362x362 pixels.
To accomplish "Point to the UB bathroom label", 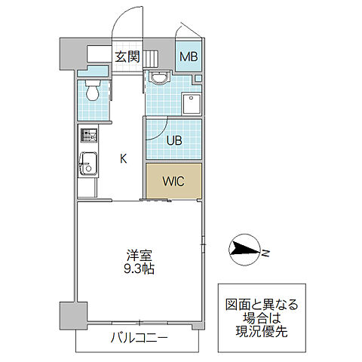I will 174,140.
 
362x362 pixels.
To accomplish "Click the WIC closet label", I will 174,181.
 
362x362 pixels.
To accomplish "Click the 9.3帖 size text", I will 137,268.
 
